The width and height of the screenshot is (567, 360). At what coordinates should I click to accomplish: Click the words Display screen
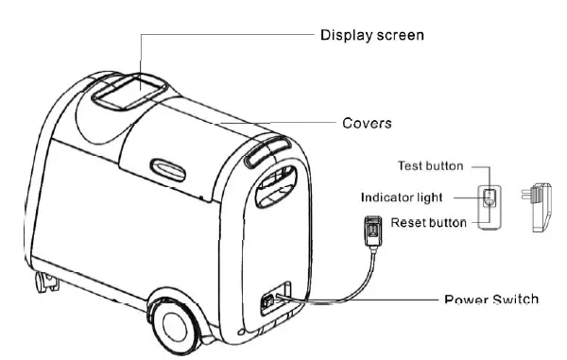pos(372,36)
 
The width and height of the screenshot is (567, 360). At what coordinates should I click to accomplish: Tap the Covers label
pos(367,123)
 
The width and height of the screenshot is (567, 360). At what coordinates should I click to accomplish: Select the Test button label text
pos(430,166)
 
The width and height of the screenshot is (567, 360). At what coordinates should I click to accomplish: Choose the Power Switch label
pos(491,300)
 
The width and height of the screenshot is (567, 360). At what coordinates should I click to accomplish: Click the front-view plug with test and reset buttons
pos(489,199)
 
